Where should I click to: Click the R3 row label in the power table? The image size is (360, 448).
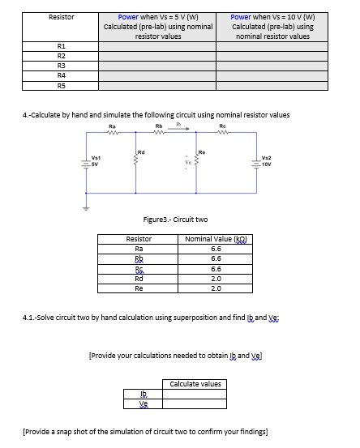[x=62, y=66]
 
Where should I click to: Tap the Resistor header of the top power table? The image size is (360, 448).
[x=62, y=16]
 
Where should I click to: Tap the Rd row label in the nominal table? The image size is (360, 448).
[x=139, y=278]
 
